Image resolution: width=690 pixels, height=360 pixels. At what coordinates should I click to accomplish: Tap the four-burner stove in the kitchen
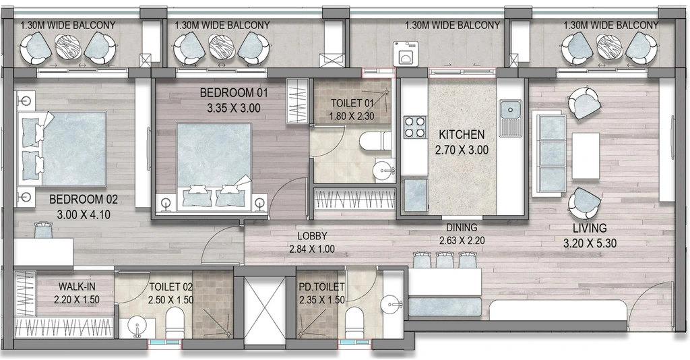pos(414,127)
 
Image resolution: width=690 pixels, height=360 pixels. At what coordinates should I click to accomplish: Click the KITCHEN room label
pos(462,134)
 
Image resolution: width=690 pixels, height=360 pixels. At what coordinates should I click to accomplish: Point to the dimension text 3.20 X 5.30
pos(590,243)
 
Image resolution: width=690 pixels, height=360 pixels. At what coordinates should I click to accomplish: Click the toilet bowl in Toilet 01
pos(375,142)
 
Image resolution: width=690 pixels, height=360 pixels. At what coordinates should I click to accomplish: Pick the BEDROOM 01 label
pos(234,93)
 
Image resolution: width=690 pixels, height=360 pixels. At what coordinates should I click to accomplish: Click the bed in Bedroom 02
pos(62,148)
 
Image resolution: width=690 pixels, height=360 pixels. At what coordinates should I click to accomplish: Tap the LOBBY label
pos(311,237)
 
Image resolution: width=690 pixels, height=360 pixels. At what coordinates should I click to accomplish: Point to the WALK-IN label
pos(77,287)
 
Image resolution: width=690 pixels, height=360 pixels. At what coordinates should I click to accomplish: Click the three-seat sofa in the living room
pos(549,154)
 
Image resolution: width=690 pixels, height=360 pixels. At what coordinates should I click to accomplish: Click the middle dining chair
pos(445,260)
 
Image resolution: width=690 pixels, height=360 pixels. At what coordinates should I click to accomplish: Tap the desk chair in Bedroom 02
pos(44,229)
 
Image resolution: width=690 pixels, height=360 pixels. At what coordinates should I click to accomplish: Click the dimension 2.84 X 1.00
pos(312,249)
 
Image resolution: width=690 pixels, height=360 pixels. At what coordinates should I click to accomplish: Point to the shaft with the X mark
pos(265,311)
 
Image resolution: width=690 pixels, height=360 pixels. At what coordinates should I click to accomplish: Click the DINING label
pos(462,228)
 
